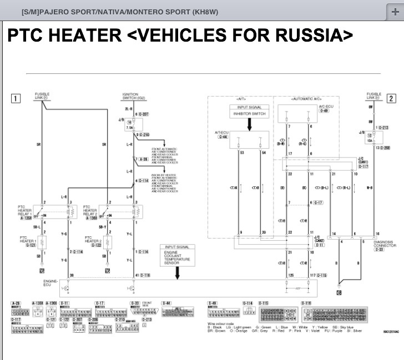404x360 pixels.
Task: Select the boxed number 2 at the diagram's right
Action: tap(391, 99)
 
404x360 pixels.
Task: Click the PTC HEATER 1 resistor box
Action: tap(42, 242)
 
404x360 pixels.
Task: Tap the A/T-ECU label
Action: tap(222, 133)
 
